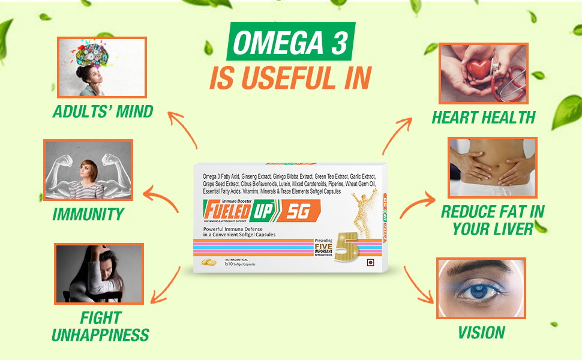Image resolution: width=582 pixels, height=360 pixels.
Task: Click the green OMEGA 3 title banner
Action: point(290,44)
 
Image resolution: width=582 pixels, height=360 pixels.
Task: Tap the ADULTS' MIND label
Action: point(103,111)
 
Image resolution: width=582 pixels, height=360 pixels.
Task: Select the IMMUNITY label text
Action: point(88,214)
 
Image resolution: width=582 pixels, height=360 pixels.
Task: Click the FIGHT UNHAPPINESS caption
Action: point(100,326)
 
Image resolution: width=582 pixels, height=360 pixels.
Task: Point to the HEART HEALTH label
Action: point(483,118)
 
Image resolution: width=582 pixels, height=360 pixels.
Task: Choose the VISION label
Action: point(481,332)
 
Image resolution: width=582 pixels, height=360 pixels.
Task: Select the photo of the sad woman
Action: point(99,273)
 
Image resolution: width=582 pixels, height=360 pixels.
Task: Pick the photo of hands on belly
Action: point(492,167)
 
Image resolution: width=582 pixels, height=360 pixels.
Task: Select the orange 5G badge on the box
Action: point(298,211)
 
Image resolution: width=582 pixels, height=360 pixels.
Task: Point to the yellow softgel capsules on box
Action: point(209,262)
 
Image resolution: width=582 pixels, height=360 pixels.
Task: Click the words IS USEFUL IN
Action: point(290,79)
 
